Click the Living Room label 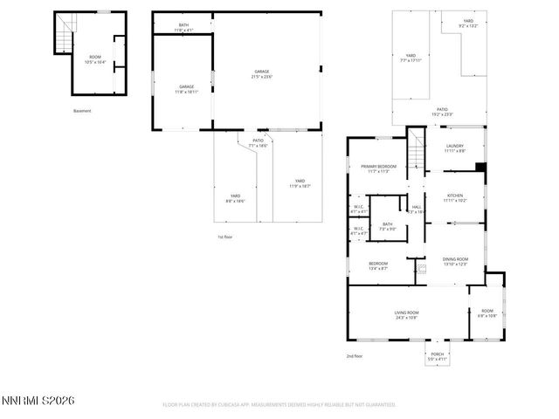406,315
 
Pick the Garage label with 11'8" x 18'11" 187,88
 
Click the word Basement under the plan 82,111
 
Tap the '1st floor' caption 225,237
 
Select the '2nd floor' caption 355,355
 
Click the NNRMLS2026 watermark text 38,401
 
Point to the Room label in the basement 94,58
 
